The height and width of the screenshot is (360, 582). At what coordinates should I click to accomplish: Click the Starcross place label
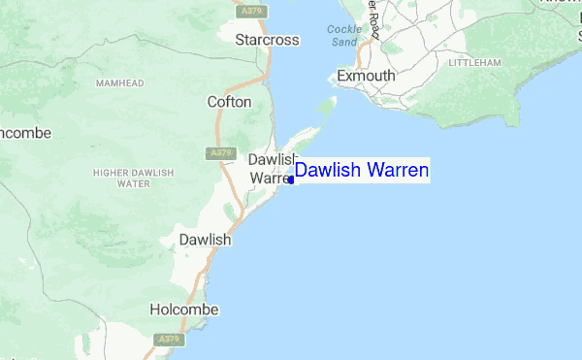point(268,40)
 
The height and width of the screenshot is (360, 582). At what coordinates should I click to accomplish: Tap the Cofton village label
point(230,101)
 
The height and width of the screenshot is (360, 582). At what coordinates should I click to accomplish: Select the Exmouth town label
point(366,76)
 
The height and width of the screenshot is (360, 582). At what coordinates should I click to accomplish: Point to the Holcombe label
point(184,310)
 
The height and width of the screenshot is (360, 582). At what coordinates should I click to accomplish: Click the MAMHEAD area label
point(119,83)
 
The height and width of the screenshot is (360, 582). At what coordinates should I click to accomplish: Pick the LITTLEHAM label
point(474,63)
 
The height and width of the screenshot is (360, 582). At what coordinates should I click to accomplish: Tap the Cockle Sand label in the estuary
point(343,35)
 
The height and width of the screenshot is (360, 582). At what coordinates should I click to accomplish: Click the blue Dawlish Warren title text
point(361,171)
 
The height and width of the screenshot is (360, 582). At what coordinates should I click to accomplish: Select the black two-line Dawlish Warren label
point(272,169)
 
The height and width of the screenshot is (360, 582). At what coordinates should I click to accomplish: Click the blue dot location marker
point(291,180)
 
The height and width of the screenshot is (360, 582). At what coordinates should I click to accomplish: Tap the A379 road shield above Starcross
point(252,11)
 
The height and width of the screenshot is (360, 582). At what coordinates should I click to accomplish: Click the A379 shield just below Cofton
point(220,153)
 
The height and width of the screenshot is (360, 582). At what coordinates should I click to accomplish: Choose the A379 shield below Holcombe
point(169,339)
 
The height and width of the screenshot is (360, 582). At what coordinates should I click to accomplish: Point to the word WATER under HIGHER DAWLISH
point(133,183)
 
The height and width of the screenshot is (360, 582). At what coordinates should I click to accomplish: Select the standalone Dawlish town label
point(205,239)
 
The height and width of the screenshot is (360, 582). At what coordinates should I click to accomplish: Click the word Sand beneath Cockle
point(344,42)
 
